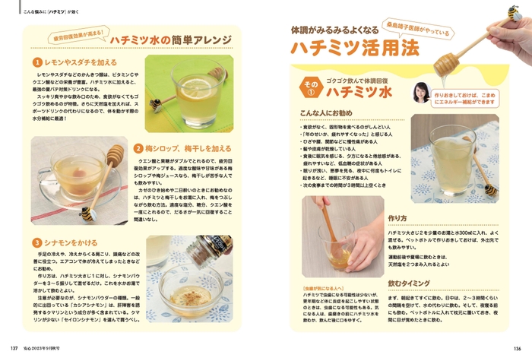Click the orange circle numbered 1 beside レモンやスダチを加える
[36, 62]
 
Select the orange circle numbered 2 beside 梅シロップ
[138, 149]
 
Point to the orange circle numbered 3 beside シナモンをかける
[36, 242]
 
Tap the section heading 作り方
[397, 217]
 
